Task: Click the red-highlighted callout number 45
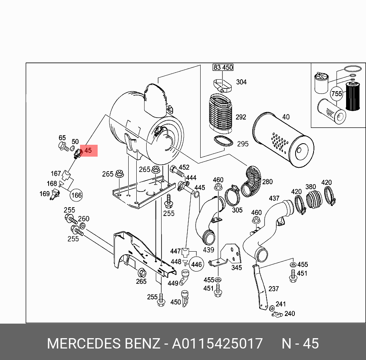[88, 151]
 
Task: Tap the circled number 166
[77, 195]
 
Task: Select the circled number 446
[196, 264]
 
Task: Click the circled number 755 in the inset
[337, 94]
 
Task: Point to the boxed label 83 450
[223, 67]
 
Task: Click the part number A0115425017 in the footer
[217, 344]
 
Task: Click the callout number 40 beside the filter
[286, 117]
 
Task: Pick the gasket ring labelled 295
[223, 141]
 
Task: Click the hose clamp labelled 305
[232, 196]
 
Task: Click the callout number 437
[274, 198]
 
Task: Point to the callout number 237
[273, 289]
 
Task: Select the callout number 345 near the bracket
[237, 268]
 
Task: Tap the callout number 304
[241, 82]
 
